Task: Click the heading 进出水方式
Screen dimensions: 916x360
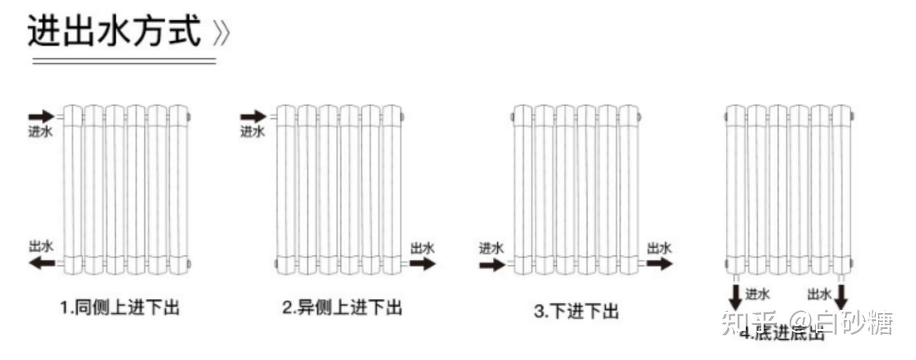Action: pyautogui.click(x=114, y=31)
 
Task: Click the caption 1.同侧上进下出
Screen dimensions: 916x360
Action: pyautogui.click(x=120, y=308)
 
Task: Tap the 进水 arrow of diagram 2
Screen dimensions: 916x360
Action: pyautogui.click(x=253, y=116)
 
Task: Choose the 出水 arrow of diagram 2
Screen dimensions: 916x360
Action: pyautogui.click(x=422, y=263)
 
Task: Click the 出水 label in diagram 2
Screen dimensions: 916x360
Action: pyautogui.click(x=422, y=248)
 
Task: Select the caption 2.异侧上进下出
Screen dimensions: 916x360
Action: pyautogui.click(x=342, y=308)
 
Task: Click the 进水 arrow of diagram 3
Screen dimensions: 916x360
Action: pyautogui.click(x=492, y=263)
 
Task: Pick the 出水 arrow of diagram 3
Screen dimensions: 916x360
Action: pyautogui.click(x=659, y=263)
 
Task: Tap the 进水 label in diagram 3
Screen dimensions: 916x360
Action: pyautogui.click(x=491, y=248)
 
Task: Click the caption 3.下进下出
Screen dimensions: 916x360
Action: pyautogui.click(x=576, y=312)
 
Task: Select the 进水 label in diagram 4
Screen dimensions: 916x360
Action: pyautogui.click(x=757, y=294)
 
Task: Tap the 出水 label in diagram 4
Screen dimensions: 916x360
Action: pyautogui.click(x=819, y=294)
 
